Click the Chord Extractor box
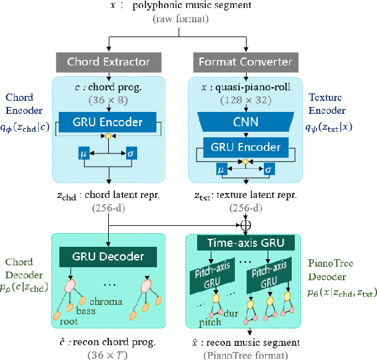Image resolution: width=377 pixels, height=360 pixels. (x=109, y=61)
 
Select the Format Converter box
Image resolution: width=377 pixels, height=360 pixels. (x=245, y=61)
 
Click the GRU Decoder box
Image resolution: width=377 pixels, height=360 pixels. (x=109, y=256)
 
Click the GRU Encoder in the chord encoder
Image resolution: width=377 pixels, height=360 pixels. (x=109, y=121)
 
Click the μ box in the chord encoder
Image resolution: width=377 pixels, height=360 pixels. (x=83, y=152)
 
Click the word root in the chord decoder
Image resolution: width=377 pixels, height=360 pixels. (x=69, y=321)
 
